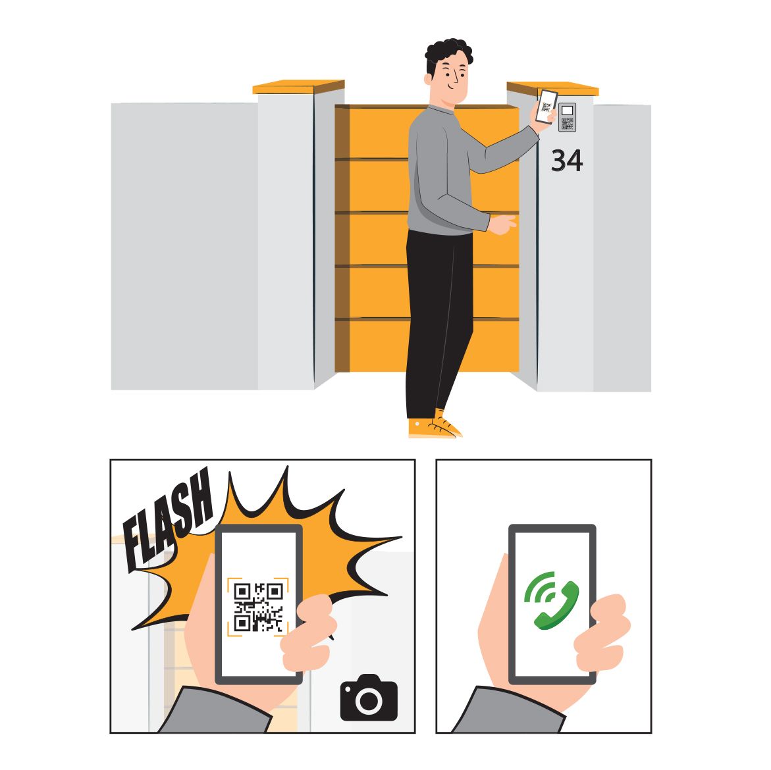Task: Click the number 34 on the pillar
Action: (x=566, y=161)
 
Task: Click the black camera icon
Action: (x=369, y=698)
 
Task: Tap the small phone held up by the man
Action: (x=546, y=107)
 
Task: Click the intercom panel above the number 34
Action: (x=567, y=117)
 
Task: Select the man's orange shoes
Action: (x=434, y=426)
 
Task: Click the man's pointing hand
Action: (x=504, y=224)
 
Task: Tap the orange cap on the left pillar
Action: (x=298, y=87)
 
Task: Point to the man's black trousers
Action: (x=438, y=316)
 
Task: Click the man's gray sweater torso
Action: (x=438, y=171)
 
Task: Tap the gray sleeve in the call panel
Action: (x=507, y=714)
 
